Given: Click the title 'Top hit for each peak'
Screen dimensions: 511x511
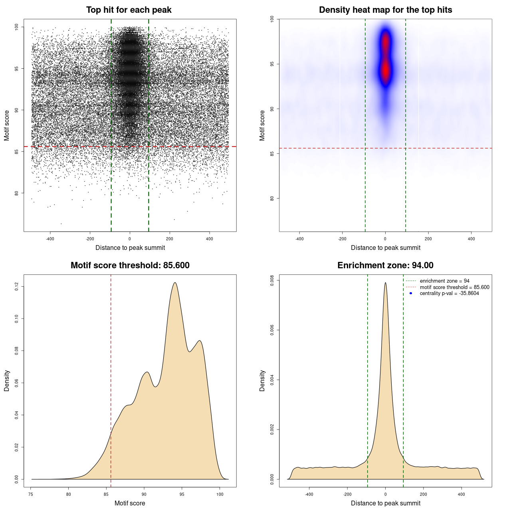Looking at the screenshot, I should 129,10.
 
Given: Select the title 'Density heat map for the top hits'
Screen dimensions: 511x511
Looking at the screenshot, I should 385,10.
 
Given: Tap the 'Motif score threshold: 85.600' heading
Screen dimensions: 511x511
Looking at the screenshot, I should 130,265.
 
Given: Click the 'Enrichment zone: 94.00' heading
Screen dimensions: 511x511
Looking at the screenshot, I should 385,265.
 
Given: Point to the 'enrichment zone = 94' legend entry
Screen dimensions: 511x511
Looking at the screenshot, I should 444,281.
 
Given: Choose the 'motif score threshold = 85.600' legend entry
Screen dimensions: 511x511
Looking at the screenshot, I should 454,287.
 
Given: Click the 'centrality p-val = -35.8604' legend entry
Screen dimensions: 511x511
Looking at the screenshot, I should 449,293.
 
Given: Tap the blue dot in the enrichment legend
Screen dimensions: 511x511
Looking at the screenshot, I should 411,293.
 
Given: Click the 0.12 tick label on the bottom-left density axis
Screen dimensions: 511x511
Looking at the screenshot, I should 16,286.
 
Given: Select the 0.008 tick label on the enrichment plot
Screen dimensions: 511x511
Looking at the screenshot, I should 272,281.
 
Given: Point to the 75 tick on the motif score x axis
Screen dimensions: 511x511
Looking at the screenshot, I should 31,494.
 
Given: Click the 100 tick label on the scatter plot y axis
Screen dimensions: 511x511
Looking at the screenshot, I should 16,27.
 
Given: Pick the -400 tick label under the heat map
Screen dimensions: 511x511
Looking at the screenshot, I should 299,239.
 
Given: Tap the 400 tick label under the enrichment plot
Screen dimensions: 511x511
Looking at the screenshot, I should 461,494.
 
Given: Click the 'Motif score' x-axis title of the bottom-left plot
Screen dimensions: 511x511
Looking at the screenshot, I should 130,503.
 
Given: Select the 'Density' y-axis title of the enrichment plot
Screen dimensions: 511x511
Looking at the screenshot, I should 262,380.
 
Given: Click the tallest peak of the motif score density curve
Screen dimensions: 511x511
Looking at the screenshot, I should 175,283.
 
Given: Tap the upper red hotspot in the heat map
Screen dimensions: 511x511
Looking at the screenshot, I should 385,42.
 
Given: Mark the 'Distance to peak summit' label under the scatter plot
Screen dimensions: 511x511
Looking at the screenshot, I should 130,248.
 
